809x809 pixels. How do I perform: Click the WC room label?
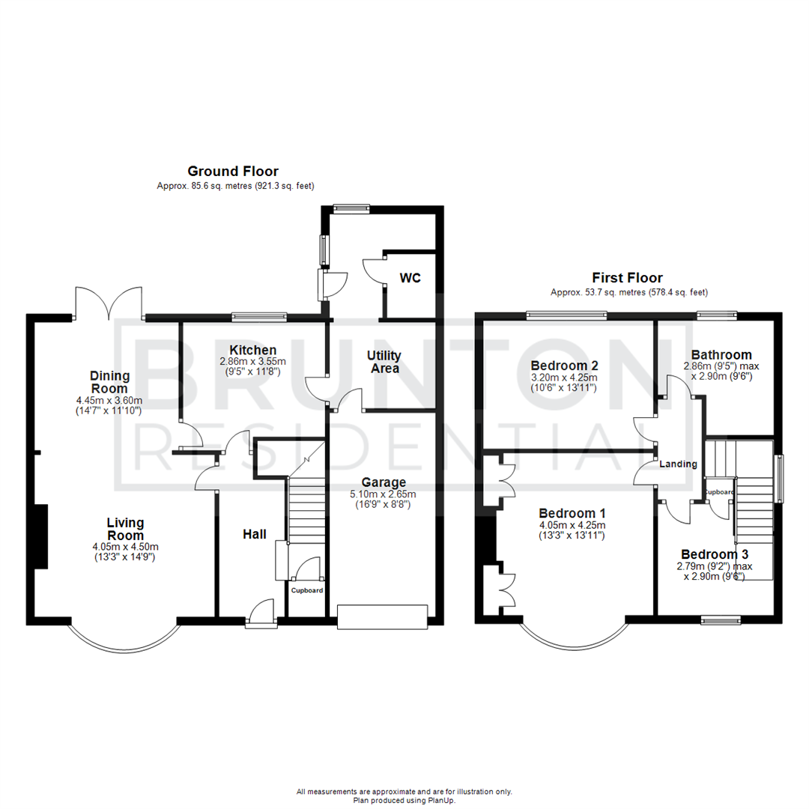tap(410, 279)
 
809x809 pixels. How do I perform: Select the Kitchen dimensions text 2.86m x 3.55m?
tap(242, 361)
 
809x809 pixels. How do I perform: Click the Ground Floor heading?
tap(233, 172)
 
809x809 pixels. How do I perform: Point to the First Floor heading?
tap(628, 279)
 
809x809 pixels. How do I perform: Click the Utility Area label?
tap(384, 362)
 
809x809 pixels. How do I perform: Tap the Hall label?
tap(255, 534)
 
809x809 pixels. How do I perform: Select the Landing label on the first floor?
tap(678, 464)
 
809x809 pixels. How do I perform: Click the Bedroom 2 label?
tap(564, 366)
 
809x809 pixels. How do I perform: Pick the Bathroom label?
tap(721, 355)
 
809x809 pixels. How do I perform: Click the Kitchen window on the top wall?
tap(258, 317)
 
